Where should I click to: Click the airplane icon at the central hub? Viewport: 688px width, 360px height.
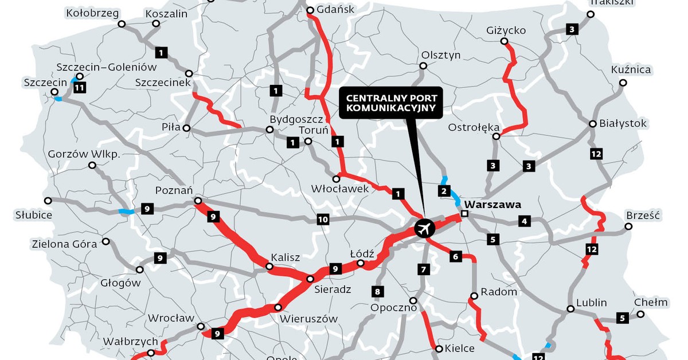424,228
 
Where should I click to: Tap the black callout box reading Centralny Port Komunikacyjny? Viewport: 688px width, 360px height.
391,103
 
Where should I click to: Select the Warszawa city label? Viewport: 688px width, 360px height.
492,204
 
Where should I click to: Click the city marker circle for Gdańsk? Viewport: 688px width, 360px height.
310,10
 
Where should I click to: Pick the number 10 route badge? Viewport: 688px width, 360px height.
322,219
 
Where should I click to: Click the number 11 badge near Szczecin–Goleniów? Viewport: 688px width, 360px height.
80,88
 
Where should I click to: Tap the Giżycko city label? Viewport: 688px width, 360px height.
506,30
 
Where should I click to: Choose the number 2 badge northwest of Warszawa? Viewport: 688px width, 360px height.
443,191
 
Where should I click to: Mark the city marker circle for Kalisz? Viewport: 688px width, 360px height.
269,266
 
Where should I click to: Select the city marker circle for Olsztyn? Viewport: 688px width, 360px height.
423,66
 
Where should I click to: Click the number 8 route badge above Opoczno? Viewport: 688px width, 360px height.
377,291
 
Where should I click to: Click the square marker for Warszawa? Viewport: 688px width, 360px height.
464,214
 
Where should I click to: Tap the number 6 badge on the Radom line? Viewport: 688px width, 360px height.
455,256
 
